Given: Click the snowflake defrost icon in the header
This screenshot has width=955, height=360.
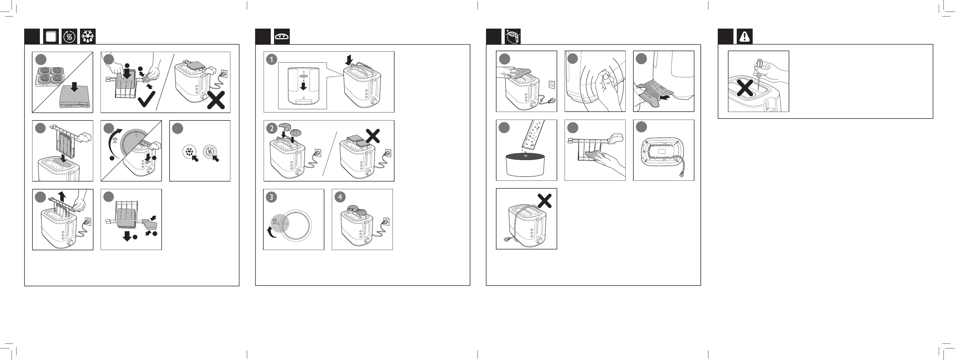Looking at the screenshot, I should point(88,37).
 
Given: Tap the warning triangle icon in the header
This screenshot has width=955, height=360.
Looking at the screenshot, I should point(744,37).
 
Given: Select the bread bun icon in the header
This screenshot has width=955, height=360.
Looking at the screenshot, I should point(282,37).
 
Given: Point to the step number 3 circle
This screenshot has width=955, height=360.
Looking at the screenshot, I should point(271,197).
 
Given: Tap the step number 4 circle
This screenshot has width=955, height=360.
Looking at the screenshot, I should point(340,197).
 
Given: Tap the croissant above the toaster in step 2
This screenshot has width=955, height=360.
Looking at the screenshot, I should point(285,126).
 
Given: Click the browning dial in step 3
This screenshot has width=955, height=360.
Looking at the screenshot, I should point(295,225).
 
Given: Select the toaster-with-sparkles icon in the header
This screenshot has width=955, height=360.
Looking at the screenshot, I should point(513,37).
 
